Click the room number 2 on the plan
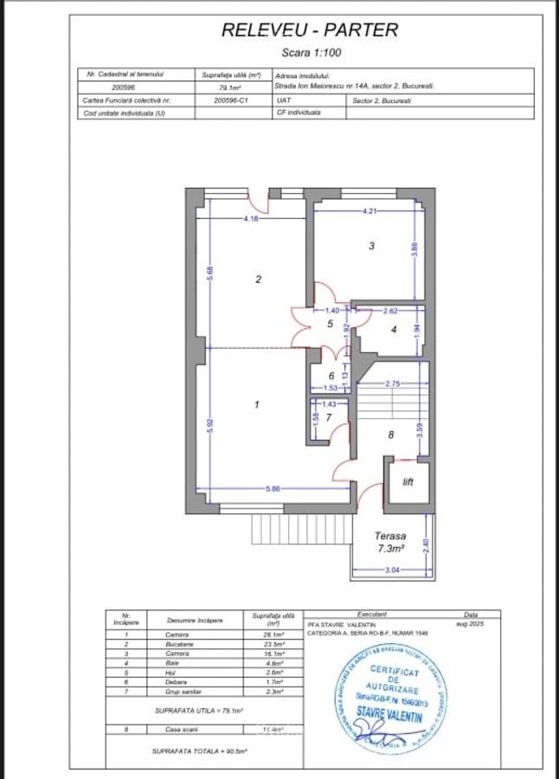(258, 279)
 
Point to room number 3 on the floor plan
(371, 246)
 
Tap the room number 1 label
(256, 404)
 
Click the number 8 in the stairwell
(390, 435)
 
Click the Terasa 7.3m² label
(390, 543)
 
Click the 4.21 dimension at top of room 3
(369, 211)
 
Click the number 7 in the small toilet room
(329, 416)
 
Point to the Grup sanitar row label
(182, 692)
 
